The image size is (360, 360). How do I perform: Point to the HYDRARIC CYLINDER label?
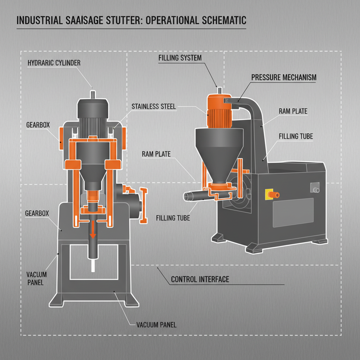point(54,63)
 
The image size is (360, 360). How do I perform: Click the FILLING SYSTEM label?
point(180,58)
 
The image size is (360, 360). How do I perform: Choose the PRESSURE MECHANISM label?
point(284,77)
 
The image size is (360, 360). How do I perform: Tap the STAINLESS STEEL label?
point(153,106)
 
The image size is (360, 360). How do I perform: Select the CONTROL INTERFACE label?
point(200,279)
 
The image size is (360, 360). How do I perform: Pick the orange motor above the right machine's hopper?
point(218,111)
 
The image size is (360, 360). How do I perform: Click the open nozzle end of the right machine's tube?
point(186,196)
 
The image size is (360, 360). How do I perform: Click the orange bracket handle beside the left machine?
point(143,205)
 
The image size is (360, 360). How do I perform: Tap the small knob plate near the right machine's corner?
point(315,188)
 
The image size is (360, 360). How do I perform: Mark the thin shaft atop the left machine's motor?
point(92,94)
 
